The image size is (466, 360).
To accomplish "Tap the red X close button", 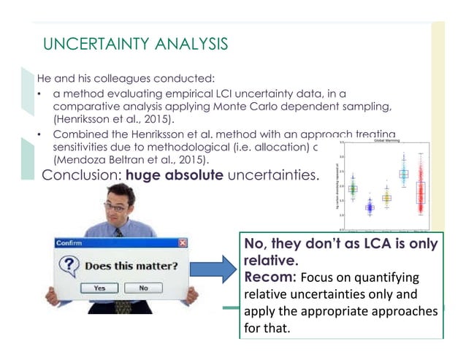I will (x=183, y=242).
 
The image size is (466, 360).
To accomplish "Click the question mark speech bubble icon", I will (x=69, y=266).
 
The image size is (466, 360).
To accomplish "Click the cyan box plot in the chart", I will (x=402, y=174).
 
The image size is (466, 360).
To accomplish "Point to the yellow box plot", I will (x=386, y=197).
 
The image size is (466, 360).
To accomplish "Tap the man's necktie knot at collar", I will (x=118, y=232).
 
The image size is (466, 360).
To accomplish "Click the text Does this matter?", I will (x=130, y=267).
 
